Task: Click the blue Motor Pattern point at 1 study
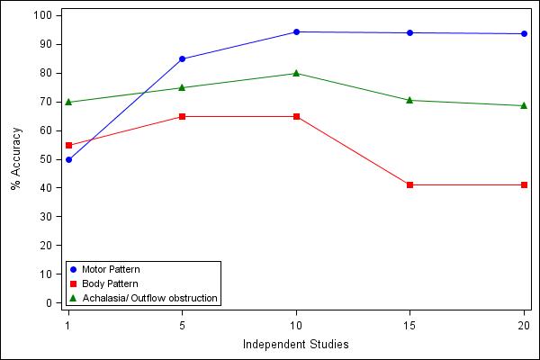pyautogui.click(x=67, y=159)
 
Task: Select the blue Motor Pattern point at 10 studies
pyautogui.click(x=296, y=31)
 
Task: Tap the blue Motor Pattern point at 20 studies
pyautogui.click(x=524, y=33)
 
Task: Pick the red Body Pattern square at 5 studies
pyautogui.click(x=182, y=116)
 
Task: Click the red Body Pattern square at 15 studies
pyautogui.click(x=409, y=184)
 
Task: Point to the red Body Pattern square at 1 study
pyautogui.click(x=67, y=145)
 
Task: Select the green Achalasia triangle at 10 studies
pyautogui.click(x=296, y=73)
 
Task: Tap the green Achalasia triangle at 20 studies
pyautogui.click(x=524, y=105)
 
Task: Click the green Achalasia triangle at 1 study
pyautogui.click(x=67, y=102)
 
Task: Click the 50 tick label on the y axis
pyautogui.click(x=46, y=159)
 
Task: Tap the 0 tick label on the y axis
pyautogui.click(x=49, y=303)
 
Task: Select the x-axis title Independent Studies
pyautogui.click(x=295, y=344)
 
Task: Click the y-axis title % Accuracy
pyautogui.click(x=15, y=159)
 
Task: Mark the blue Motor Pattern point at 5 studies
pyautogui.click(x=182, y=58)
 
